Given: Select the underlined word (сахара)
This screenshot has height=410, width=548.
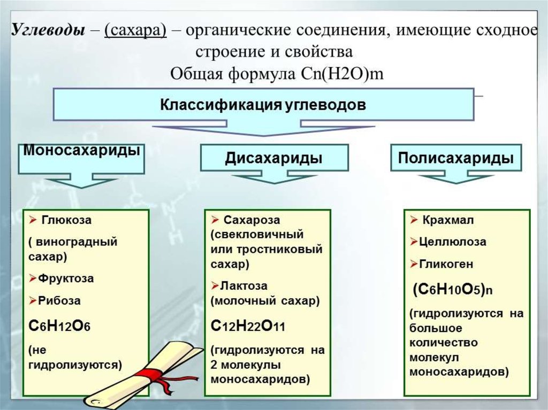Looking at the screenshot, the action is point(135,30).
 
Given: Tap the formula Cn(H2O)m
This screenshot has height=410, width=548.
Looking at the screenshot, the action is point(341,74).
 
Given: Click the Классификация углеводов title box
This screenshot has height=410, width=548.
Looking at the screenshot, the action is point(263,104).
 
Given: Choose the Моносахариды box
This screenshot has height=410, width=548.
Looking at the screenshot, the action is point(81,158).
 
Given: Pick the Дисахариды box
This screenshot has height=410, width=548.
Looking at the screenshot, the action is point(275,158).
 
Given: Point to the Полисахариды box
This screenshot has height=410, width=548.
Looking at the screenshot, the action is point(456,158).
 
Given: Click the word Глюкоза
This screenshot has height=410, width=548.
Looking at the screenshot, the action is point(66,220).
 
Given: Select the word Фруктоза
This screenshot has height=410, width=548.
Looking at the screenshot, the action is point(66,279).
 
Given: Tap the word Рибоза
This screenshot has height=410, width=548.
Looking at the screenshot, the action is point(59,300).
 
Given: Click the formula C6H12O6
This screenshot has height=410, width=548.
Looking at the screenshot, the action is point(59,326).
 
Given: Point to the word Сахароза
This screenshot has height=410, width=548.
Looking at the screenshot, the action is point(252,220).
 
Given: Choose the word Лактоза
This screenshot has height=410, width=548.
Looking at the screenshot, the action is point(243,285).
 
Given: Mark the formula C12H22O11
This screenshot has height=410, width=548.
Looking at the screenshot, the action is point(248,326).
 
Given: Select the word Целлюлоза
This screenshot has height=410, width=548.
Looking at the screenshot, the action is point(452,242).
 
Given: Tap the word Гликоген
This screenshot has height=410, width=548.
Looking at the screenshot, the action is point(446,264).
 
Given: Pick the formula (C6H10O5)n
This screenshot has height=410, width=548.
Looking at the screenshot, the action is point(453,290).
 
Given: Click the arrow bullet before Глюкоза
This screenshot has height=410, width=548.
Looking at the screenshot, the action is point(33,220).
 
